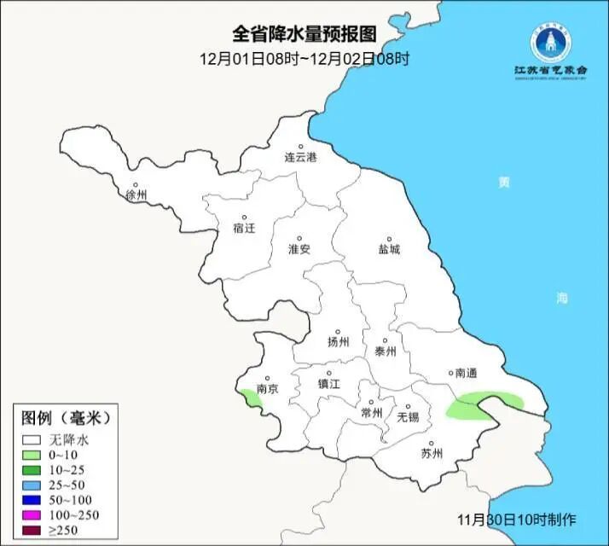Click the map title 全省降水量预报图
point(304,33)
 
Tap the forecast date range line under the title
point(304,59)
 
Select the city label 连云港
point(300,158)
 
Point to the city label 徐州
point(136,195)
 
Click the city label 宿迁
point(244,228)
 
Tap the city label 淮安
point(299,249)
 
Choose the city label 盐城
point(389,250)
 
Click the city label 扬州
point(339,342)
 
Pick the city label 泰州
point(386,350)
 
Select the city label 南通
point(466,373)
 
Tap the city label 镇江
point(329,383)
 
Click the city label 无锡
point(408,416)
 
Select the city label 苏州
point(432,453)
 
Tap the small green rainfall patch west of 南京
point(250,397)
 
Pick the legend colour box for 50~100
point(32,499)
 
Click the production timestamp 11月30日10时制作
point(517,520)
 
